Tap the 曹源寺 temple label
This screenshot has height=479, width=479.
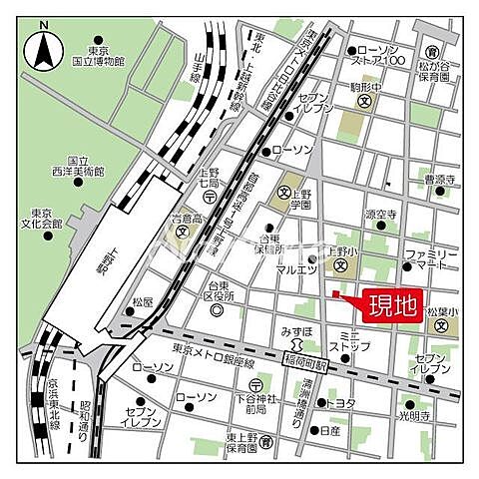(x=439, y=180)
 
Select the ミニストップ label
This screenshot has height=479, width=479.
(x=355, y=345)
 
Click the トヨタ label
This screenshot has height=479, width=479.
(x=341, y=403)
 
